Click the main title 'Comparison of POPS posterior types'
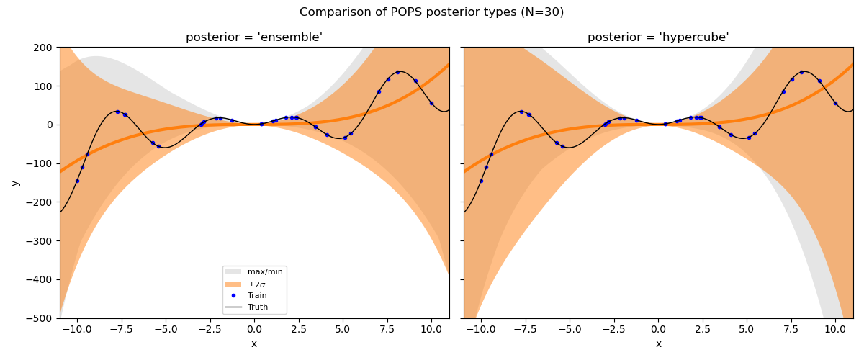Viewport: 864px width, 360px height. click(x=431, y=12)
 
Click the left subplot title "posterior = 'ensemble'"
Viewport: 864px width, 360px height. click(x=254, y=37)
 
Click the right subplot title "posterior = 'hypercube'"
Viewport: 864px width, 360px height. click(x=658, y=37)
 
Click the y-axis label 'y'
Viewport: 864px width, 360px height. click(x=14, y=183)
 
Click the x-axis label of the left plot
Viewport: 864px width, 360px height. click(x=254, y=344)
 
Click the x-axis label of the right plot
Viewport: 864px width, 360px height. click(x=658, y=344)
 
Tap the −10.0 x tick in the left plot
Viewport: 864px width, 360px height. click(x=76, y=329)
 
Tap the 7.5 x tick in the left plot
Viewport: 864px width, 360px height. click(x=387, y=329)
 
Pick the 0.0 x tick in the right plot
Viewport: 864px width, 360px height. click(x=658, y=329)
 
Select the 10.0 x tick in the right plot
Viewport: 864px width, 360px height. click(x=835, y=329)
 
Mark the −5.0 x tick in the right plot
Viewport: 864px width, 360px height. click(x=570, y=329)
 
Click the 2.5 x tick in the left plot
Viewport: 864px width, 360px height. click(x=298, y=329)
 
